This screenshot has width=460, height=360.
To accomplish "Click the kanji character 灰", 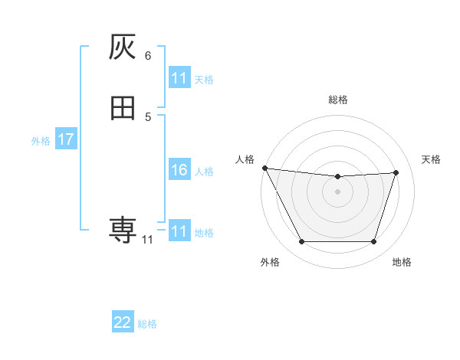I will (x=123, y=48).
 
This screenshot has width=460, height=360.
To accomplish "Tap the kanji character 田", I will (x=123, y=108).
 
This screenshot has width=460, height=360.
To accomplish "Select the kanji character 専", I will (x=123, y=229).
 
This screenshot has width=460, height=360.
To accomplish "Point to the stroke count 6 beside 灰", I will (x=148, y=56).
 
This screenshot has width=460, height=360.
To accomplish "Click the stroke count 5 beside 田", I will (x=148, y=116).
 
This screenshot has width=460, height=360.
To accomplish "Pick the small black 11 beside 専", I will (x=147, y=240).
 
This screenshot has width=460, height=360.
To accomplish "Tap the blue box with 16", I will (x=179, y=171).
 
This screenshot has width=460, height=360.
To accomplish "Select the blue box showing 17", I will (x=65, y=140).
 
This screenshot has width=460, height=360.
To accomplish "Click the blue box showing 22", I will (x=123, y=323).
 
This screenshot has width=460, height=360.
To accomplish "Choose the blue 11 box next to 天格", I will (x=179, y=78).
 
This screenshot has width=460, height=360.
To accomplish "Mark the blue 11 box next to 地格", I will (x=179, y=231).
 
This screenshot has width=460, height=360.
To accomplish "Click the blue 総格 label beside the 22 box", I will (x=147, y=324).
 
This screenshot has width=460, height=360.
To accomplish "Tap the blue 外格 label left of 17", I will (x=41, y=141).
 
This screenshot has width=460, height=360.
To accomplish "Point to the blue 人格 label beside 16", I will (x=205, y=172).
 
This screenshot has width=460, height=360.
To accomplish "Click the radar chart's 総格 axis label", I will (x=337, y=100).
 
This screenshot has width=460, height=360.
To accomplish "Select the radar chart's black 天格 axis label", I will (x=432, y=159).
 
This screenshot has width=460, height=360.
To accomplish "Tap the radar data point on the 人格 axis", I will (x=264, y=168).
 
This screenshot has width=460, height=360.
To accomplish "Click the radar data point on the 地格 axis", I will (x=373, y=242).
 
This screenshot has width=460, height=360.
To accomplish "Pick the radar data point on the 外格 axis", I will (x=301, y=242).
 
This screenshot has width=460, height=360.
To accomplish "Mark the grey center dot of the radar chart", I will (x=337, y=191).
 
